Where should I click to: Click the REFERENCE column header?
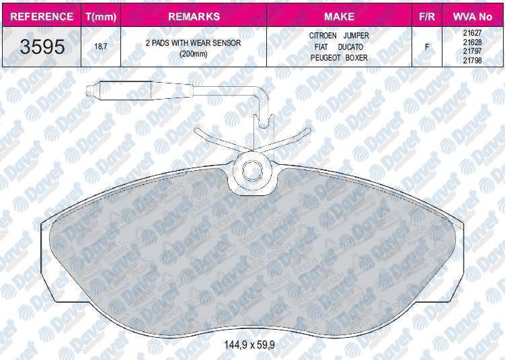pyautogui.click(x=42, y=16)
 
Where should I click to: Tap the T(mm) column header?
pyautogui.click(x=101, y=17)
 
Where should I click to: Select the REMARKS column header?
pyautogui.click(x=194, y=16)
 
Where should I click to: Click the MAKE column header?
pyautogui.click(x=339, y=16)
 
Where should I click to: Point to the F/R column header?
pyautogui.click(x=427, y=16)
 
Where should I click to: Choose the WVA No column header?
pyautogui.click(x=473, y=16)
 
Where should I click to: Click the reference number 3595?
pyautogui.click(x=42, y=46)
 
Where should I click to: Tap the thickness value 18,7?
pyautogui.click(x=101, y=46)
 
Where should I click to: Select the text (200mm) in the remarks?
pyautogui.click(x=193, y=54)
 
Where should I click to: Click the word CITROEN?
pyautogui.click(x=323, y=36)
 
